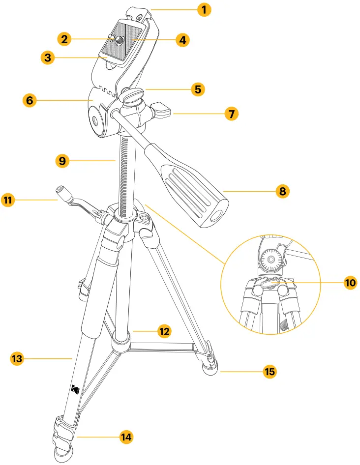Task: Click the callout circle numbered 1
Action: [x=204, y=9]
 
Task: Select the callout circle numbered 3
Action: [x=48, y=58]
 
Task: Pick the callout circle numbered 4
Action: [x=182, y=40]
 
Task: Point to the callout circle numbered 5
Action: [x=197, y=89]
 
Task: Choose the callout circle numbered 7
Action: [x=231, y=114]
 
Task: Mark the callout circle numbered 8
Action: [x=282, y=191]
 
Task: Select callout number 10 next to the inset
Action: [x=350, y=283]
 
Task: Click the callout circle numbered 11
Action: [x=9, y=200]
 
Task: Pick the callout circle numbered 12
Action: [x=164, y=332]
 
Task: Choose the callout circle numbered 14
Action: [x=127, y=436]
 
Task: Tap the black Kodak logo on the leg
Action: [x=75, y=389]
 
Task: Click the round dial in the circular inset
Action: [x=270, y=259]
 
